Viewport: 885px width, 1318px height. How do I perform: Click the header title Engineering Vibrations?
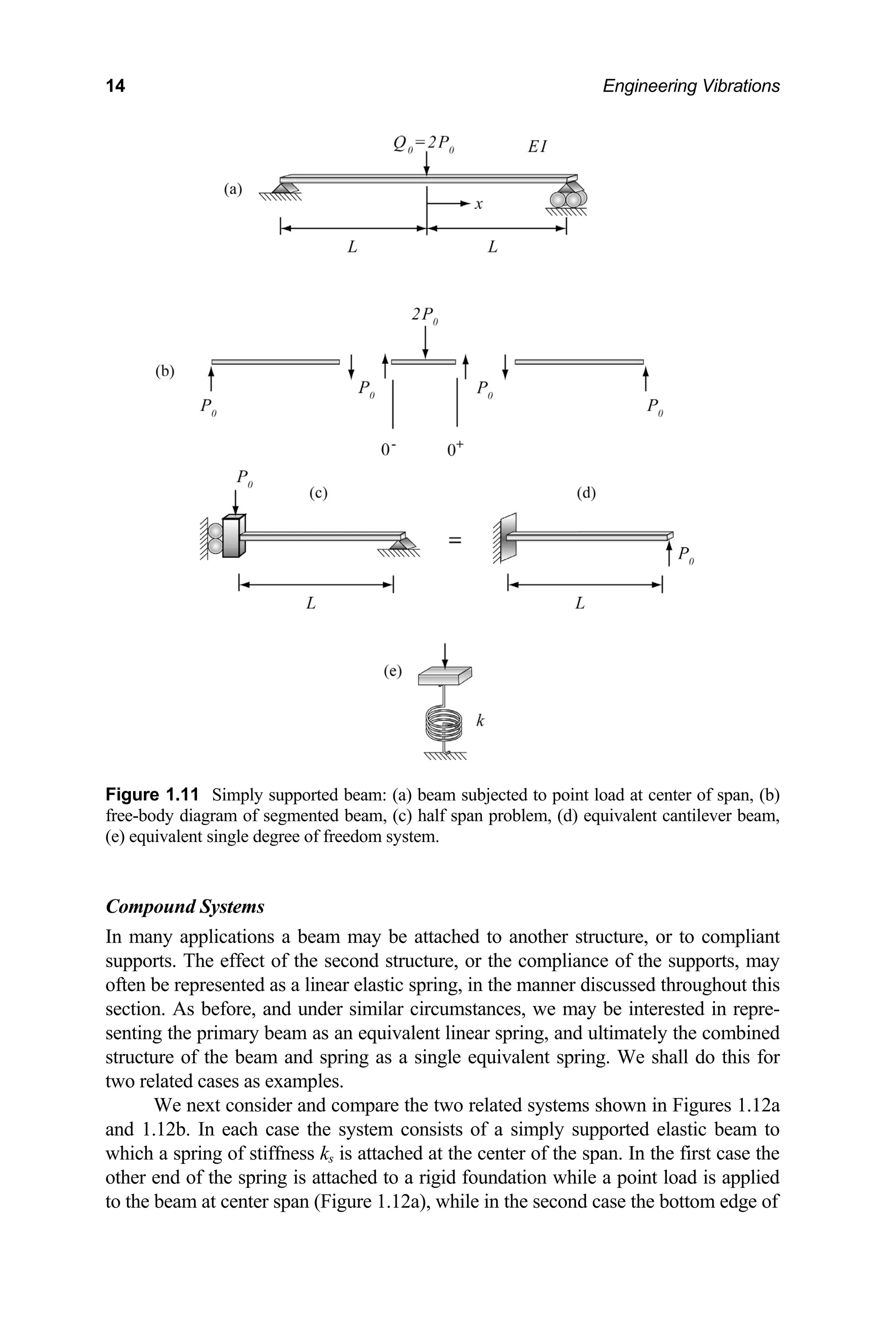click(x=691, y=86)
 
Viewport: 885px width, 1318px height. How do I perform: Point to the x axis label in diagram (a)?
click(x=478, y=204)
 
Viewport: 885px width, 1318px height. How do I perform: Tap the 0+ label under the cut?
click(x=455, y=448)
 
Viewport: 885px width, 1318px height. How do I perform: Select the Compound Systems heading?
click(x=185, y=906)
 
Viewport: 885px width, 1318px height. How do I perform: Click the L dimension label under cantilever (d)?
click(x=579, y=604)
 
